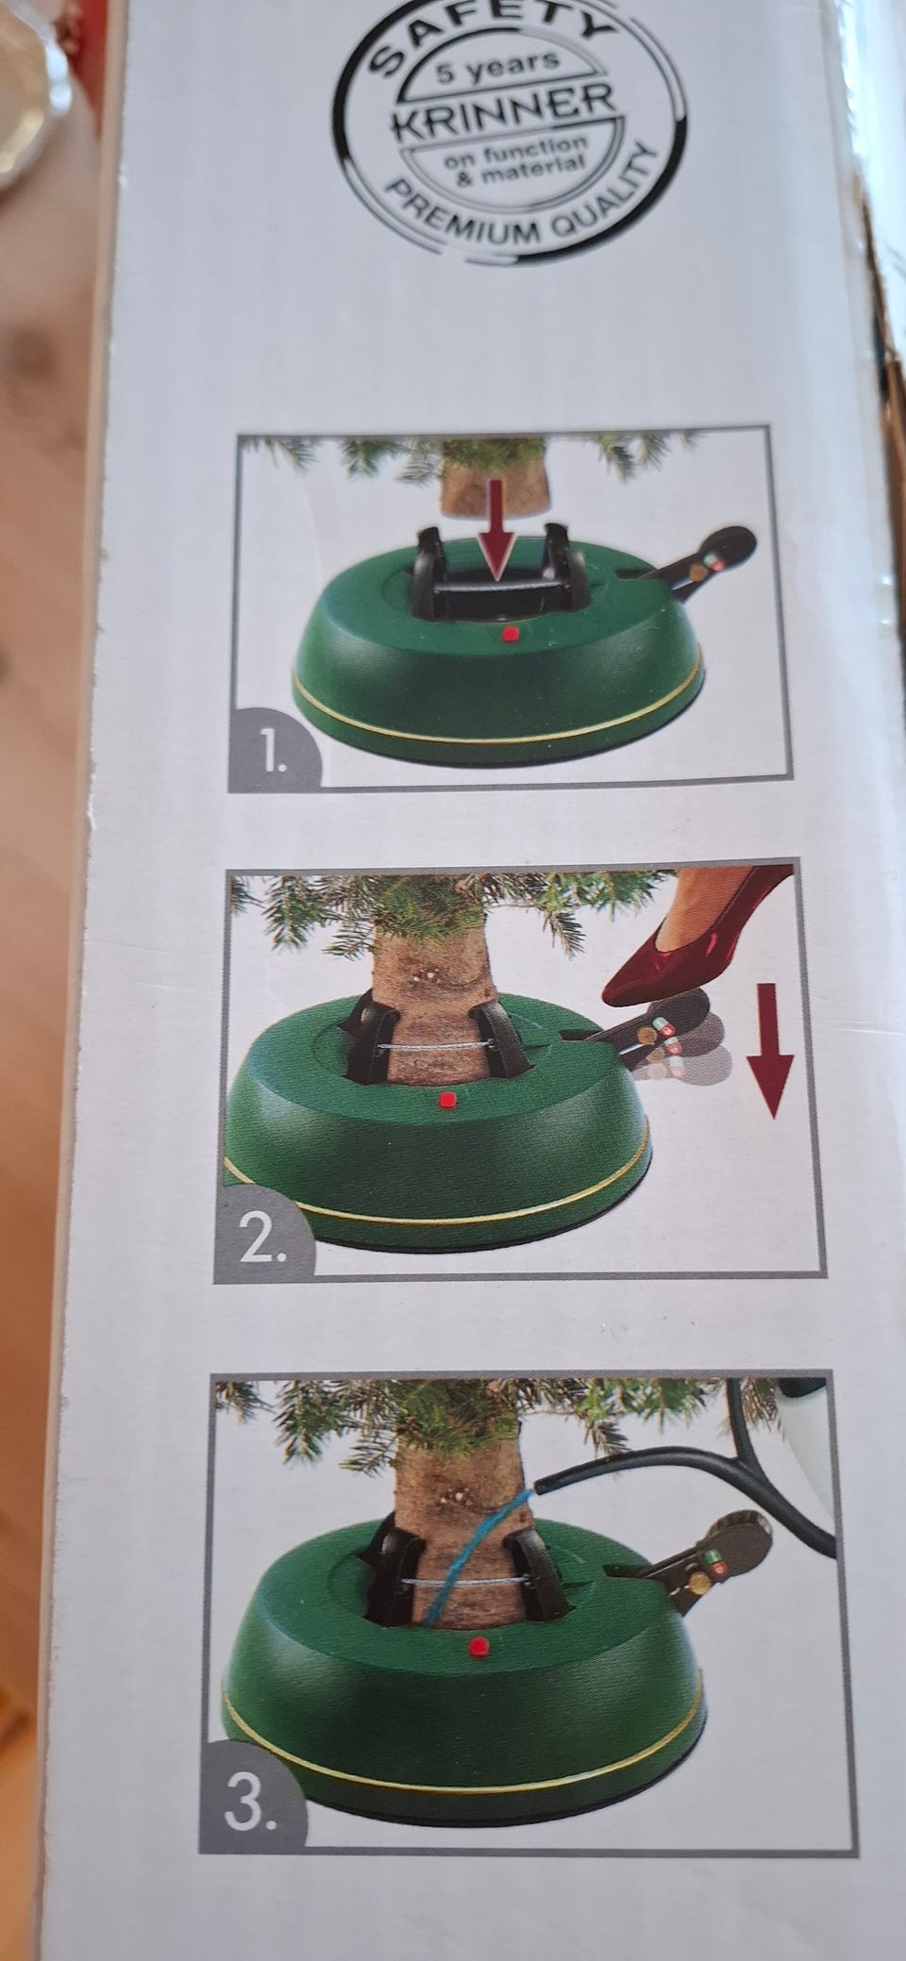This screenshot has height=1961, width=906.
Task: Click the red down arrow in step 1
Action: [497, 553]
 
